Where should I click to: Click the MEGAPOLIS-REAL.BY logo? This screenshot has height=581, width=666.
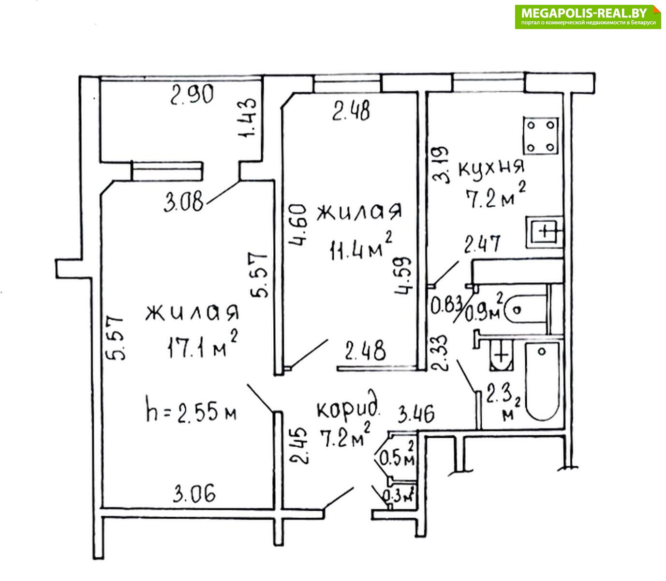pyautogui.click(x=588, y=16)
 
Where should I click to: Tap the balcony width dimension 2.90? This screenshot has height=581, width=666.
pyautogui.click(x=192, y=95)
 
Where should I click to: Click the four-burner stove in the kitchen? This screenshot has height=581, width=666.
pyautogui.click(x=541, y=136)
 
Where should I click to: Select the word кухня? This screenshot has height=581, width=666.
pyautogui.click(x=491, y=168)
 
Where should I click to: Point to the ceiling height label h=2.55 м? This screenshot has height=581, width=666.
pyautogui.click(x=191, y=413)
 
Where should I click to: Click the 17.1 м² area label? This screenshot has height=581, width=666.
pyautogui.click(x=202, y=345)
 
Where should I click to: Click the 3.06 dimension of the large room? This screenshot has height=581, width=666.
pyautogui.click(x=194, y=494)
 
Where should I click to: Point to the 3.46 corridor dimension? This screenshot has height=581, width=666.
pyautogui.click(x=416, y=415)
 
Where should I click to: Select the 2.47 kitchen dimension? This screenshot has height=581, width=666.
pyautogui.click(x=482, y=244)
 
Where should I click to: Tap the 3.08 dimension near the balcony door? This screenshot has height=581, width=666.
pyautogui.click(x=183, y=202)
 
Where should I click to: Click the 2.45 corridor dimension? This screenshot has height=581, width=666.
pyautogui.click(x=298, y=445)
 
